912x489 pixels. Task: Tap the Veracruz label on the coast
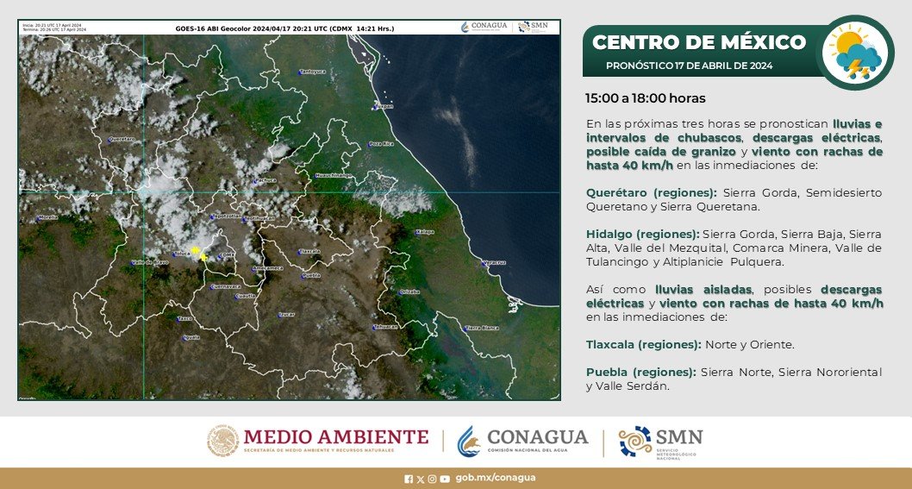[492, 261]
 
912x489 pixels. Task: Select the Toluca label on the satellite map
[182, 254]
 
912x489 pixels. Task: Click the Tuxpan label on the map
[384, 106]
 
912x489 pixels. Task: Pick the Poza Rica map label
[380, 143]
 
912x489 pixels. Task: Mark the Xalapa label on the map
[424, 232]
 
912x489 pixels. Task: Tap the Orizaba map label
[409, 292]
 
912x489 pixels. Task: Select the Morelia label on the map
[47, 217]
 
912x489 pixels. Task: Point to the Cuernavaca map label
[225, 286]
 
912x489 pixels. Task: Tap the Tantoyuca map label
[312, 72]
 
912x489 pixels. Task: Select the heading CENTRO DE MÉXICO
[699, 42]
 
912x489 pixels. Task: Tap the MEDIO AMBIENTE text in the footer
[335, 436]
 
